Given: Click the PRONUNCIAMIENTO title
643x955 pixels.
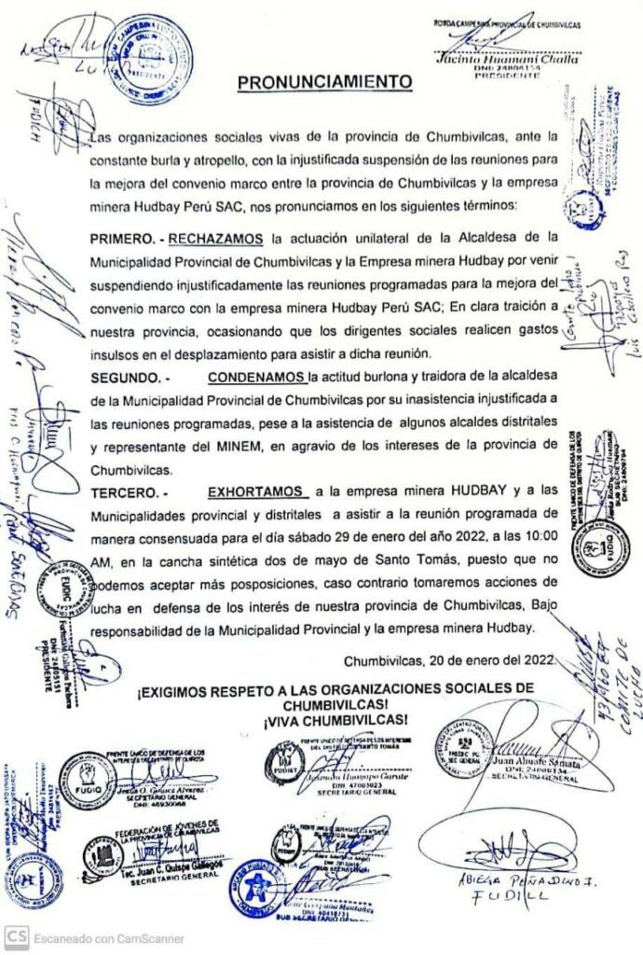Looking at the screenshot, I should (x=324, y=82).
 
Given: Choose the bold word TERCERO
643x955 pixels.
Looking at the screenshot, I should (x=126, y=490).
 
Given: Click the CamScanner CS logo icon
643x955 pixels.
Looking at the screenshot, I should (x=15, y=936).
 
